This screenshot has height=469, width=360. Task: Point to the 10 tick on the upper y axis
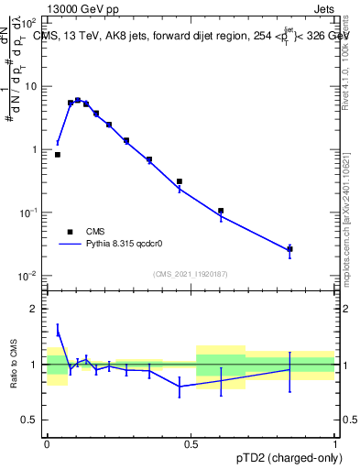pos(30,86)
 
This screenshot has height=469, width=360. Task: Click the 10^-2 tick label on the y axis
pos(28,276)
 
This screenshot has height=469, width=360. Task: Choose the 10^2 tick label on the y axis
pos(28,23)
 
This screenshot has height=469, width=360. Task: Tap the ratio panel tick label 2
pos(34,310)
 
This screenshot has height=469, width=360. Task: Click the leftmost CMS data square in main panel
pos(58,155)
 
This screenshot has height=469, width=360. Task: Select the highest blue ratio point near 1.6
pos(58,331)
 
